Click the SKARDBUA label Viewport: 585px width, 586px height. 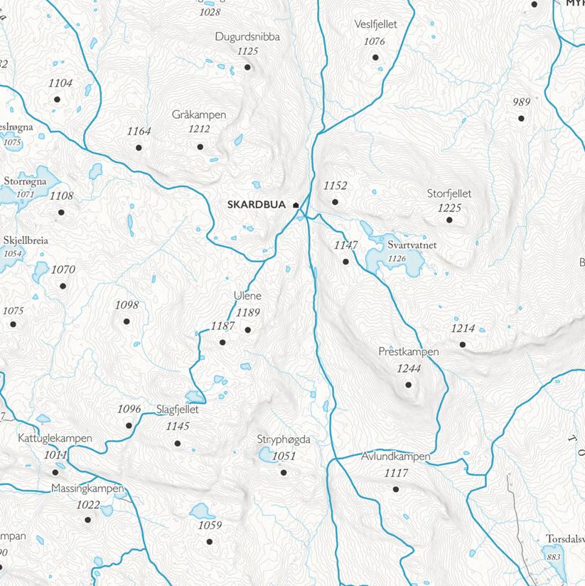click(251, 205)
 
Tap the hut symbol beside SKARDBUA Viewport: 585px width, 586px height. click(296, 205)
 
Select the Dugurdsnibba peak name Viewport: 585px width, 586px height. click(247, 37)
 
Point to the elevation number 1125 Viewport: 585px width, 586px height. click(247, 51)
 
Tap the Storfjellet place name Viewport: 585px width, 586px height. click(449, 193)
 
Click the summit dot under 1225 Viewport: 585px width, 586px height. click(449, 220)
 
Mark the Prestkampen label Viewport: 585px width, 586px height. click(409, 351)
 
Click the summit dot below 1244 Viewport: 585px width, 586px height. click(409, 385)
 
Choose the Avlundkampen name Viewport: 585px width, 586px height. click(396, 457)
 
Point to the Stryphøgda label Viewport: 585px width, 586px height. click(284, 440)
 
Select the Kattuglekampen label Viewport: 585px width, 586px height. click(55, 439)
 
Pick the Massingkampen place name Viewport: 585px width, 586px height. click(88, 489)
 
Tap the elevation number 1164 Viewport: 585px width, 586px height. click(139, 132)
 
